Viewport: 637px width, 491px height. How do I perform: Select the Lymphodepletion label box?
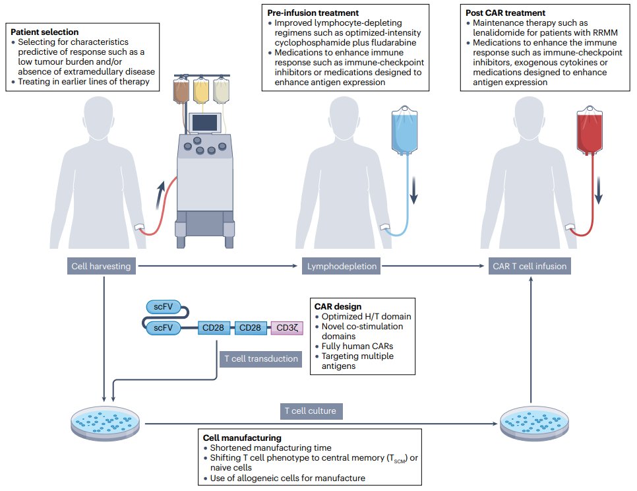coord(342,267)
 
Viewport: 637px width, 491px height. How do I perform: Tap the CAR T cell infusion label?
coord(530,267)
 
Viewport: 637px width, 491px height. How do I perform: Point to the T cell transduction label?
coord(258,359)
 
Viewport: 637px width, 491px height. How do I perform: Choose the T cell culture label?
coord(310,411)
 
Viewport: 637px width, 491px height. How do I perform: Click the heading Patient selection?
coord(45,32)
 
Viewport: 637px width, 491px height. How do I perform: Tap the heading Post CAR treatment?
coord(504,13)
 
